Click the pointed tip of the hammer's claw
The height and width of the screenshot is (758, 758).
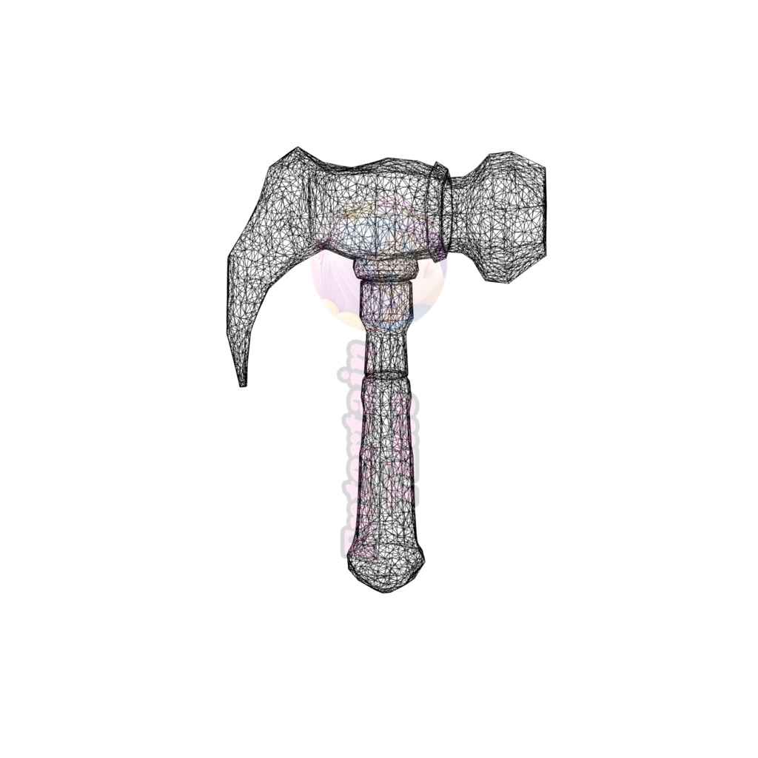tap(241, 383)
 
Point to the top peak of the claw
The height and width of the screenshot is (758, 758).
tap(297, 150)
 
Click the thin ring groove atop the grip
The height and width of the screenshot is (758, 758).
tap(385, 372)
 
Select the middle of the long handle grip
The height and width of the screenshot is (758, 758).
tap(385, 459)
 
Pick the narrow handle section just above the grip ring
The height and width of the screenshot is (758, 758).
tap(385, 348)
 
